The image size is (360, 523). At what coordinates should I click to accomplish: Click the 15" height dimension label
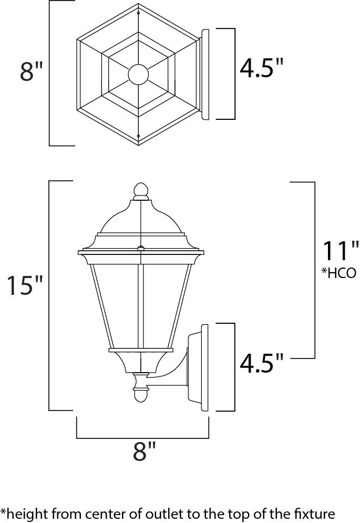pos(24,286)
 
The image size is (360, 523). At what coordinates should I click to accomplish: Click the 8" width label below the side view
pos(145,452)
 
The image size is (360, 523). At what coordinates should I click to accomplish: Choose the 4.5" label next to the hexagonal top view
pos(262,69)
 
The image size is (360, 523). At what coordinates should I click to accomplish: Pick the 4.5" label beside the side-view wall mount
pos(262,363)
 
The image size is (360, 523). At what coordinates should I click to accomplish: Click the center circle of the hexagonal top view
pos(138,74)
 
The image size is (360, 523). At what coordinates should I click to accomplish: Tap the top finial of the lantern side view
pos(140,190)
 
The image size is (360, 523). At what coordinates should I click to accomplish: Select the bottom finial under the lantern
pos(140,394)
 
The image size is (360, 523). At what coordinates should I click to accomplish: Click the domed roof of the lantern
pos(140,218)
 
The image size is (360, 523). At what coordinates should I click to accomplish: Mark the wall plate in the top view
pos(204,74)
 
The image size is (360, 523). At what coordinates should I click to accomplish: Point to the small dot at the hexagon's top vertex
pos(138,12)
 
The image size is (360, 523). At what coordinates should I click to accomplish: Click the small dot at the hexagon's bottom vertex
pos(138,136)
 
